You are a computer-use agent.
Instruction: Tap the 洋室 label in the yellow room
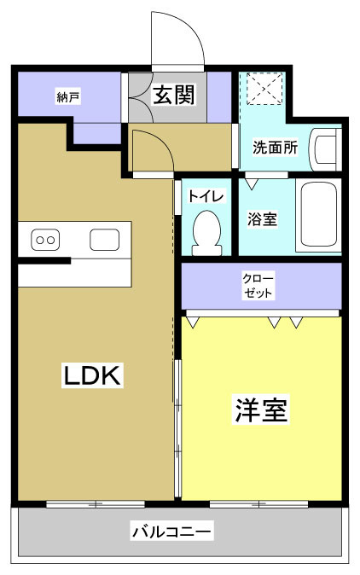pyautogui.click(x=260, y=409)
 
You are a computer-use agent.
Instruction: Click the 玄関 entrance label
pyautogui.click(x=174, y=94)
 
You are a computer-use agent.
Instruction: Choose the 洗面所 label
pyautogui.click(x=275, y=147)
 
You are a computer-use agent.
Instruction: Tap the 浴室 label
pyautogui.click(x=262, y=219)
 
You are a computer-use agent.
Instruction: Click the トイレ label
pyautogui.click(x=206, y=195)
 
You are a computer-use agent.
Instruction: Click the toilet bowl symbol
pyautogui.click(x=206, y=232)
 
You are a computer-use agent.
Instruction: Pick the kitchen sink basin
pyautogui.click(x=105, y=240)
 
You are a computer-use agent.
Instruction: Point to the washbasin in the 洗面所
pyautogui.click(x=325, y=150)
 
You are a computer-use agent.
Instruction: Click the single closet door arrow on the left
pyautogui.click(x=194, y=321)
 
